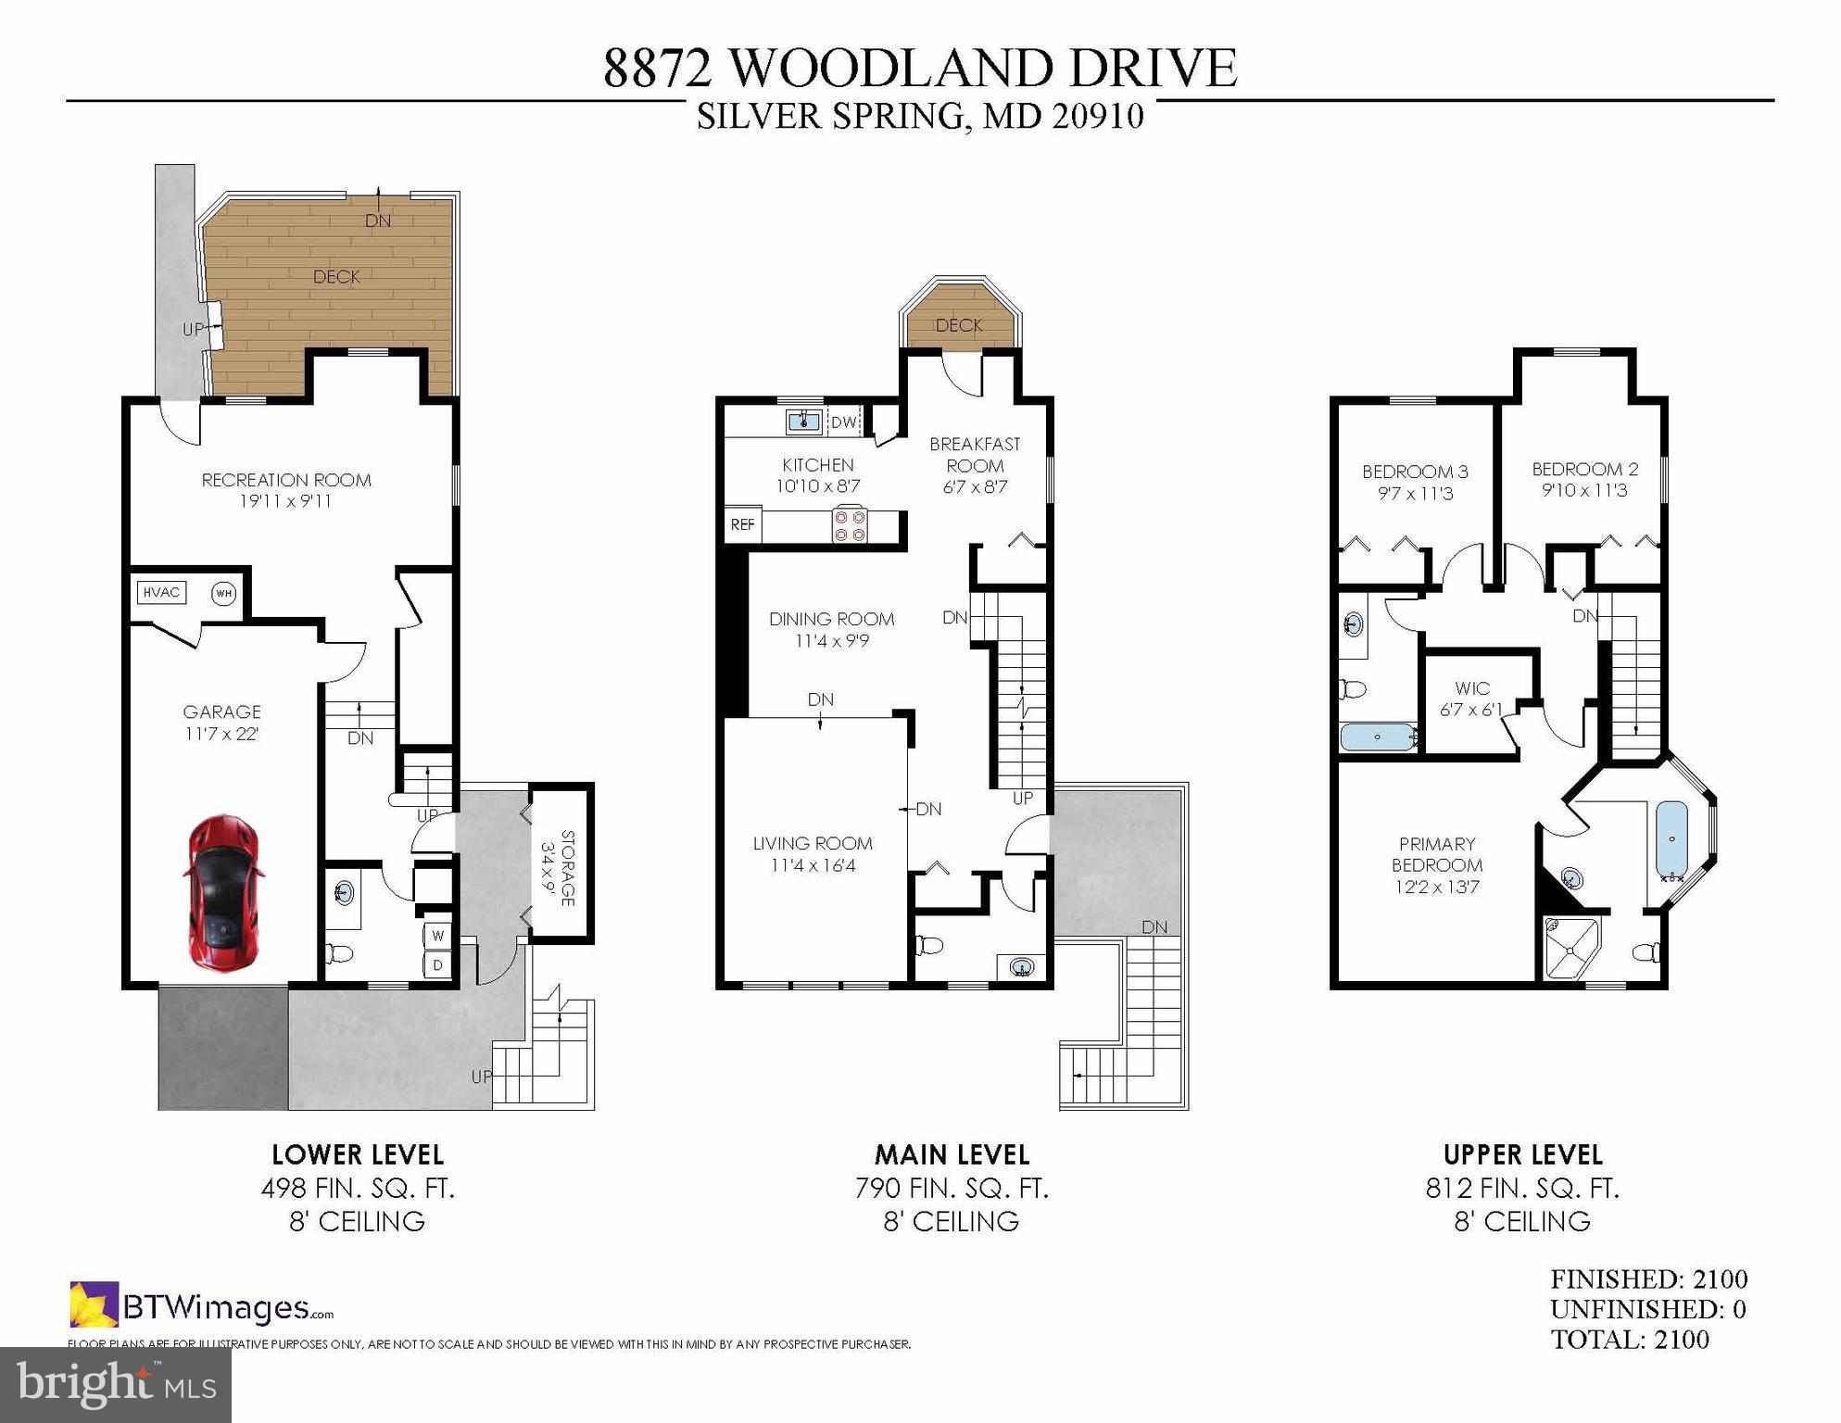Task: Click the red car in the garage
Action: tap(223, 893)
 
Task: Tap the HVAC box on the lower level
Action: tap(161, 593)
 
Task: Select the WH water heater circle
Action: tap(223, 593)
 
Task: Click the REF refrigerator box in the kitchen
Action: tap(742, 525)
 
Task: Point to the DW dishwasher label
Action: tap(843, 423)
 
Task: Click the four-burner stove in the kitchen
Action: tap(850, 525)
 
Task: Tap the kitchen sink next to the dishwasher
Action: tap(803, 422)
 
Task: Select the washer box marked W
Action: tap(437, 936)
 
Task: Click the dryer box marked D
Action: tap(437, 965)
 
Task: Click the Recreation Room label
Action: tap(286, 480)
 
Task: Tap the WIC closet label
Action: tap(1471, 688)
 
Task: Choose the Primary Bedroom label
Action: tap(1436, 854)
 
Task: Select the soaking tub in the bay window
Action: tap(1672, 839)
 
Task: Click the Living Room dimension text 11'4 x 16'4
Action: tap(813, 866)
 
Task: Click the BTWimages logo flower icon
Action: tap(94, 1303)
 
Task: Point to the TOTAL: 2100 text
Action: tap(1629, 1340)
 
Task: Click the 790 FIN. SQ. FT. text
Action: tap(952, 1189)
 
